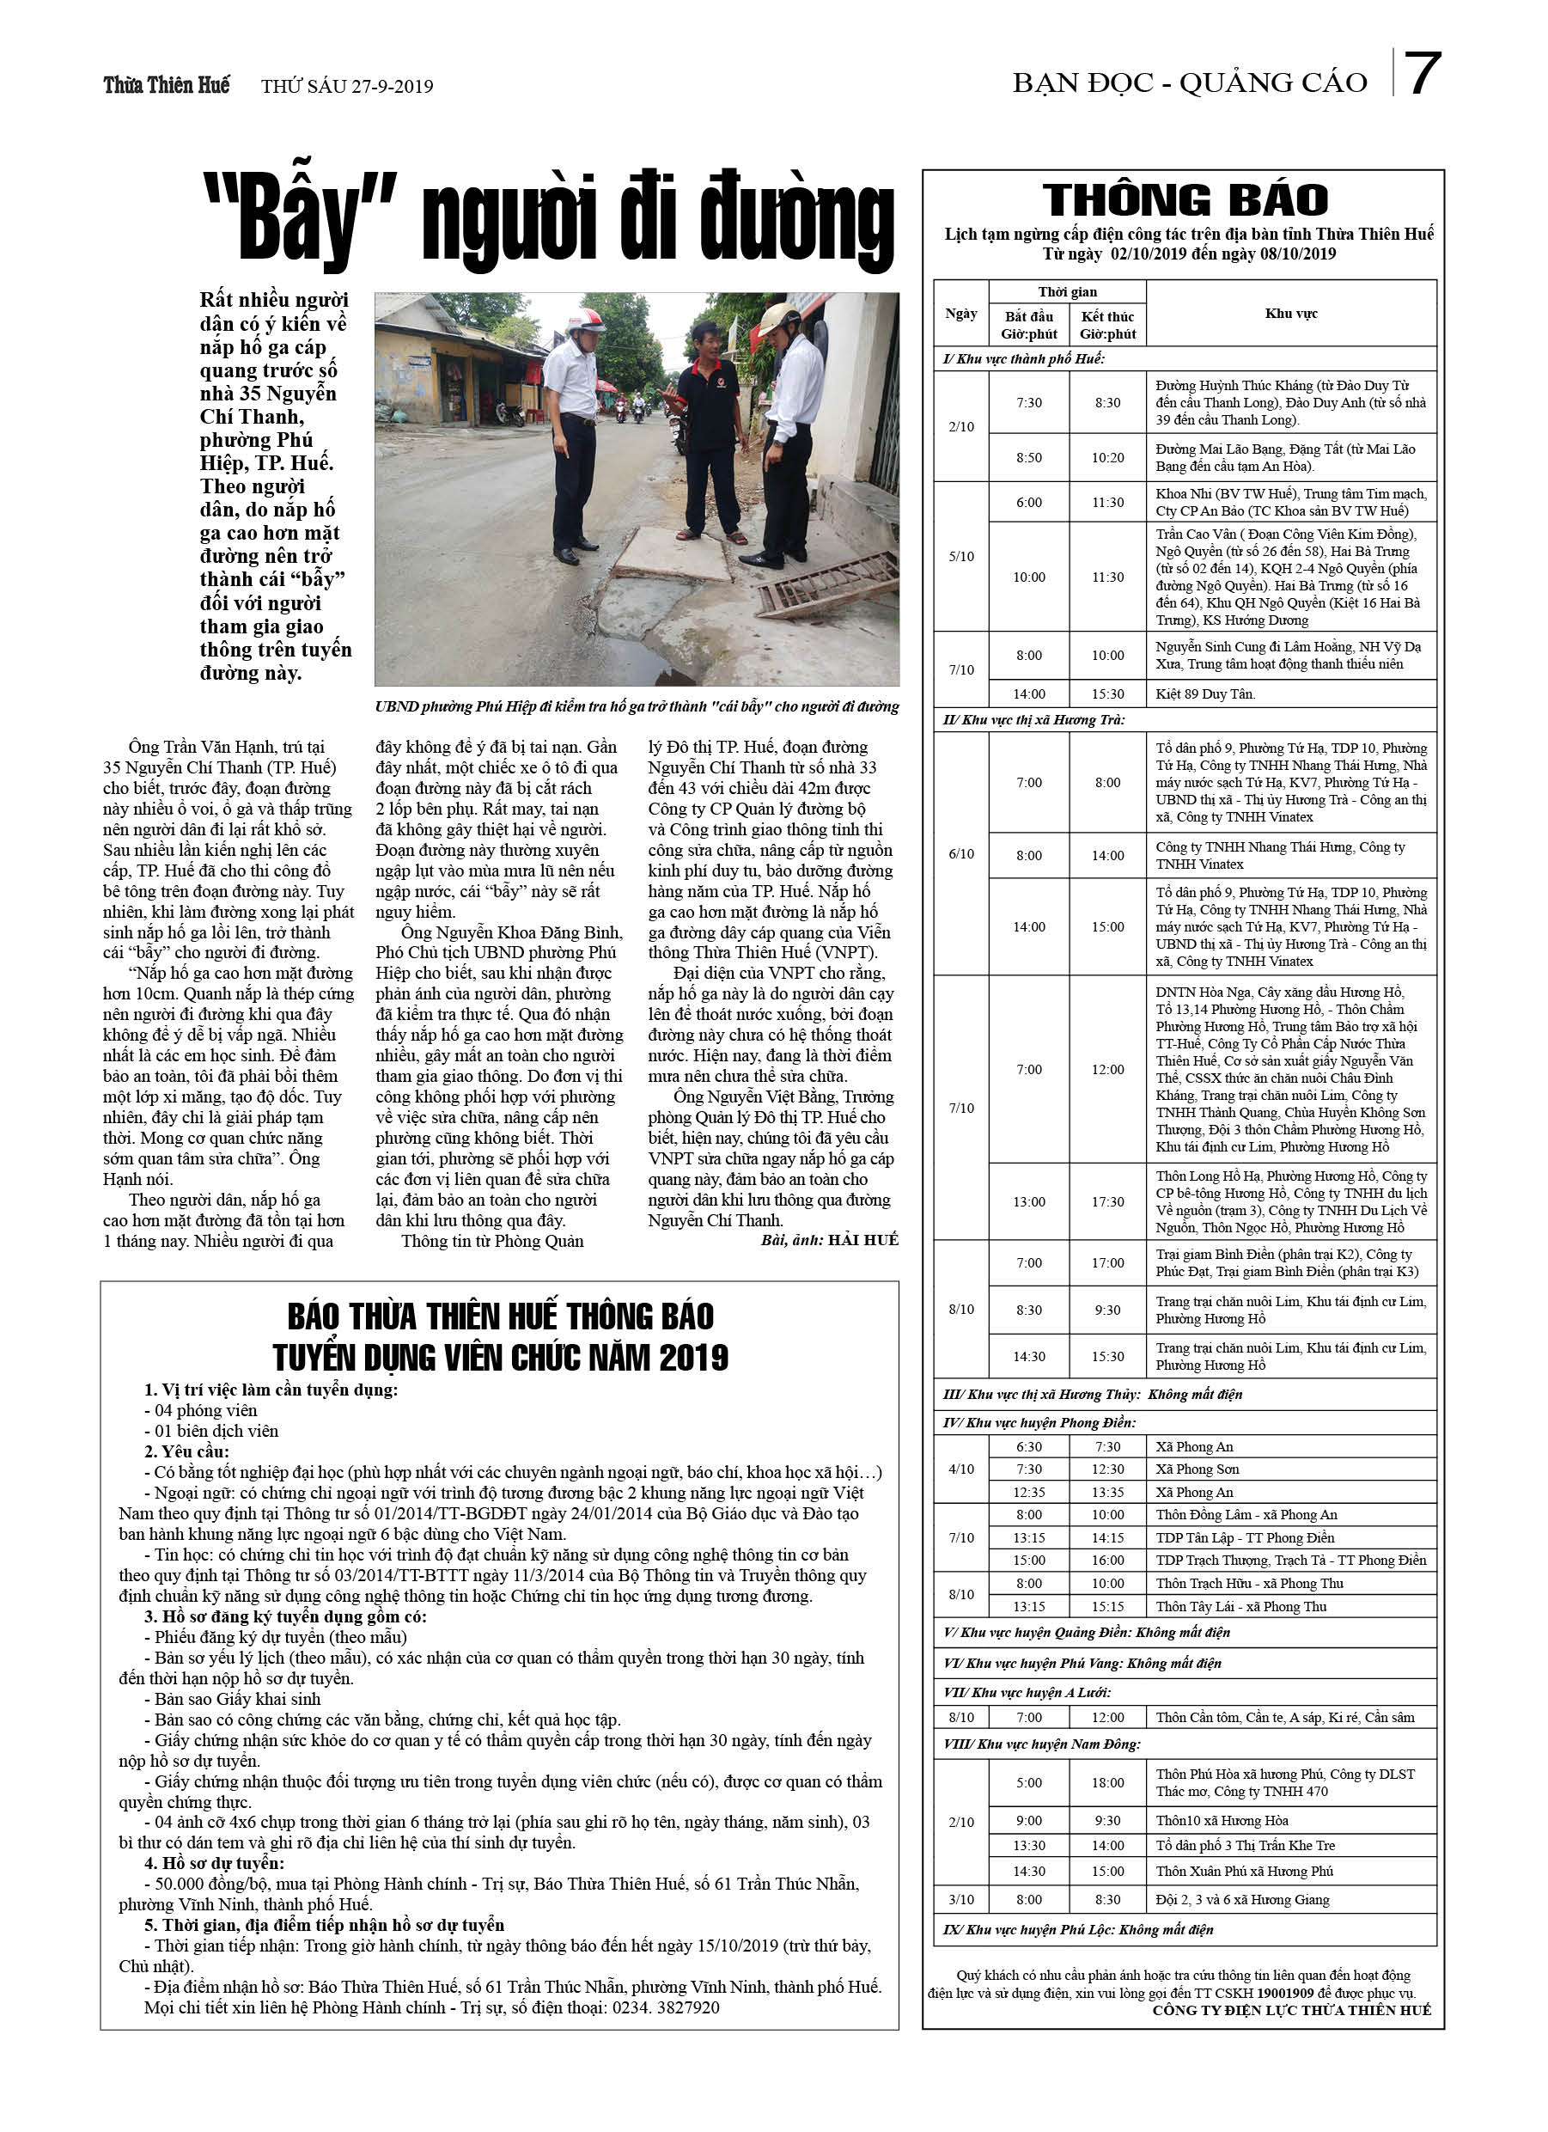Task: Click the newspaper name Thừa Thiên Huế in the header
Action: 167,86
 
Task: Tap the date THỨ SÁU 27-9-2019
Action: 347,87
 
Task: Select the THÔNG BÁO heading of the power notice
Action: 1185,200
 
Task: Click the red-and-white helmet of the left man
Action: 586,321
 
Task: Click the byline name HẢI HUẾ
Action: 862,1240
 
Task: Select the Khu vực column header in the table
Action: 1290,313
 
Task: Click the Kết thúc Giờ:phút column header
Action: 1107,325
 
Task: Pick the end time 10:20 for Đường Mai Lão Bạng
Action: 1107,458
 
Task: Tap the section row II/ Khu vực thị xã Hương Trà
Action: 1034,720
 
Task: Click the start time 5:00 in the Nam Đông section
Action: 1028,1782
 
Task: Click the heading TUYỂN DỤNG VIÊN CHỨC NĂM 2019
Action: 500,1358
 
